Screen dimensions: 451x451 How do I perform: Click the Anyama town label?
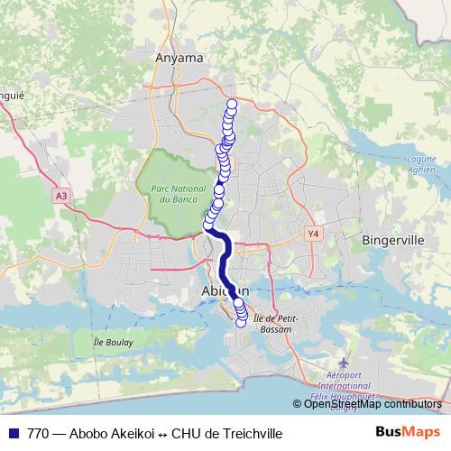point(180,56)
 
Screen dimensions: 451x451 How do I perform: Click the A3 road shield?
point(60,195)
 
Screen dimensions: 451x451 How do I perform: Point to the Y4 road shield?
point(313,233)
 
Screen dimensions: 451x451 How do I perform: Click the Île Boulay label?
point(113,342)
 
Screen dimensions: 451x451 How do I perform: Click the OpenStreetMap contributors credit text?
point(373,404)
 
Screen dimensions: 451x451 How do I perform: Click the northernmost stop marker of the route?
point(231,104)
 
